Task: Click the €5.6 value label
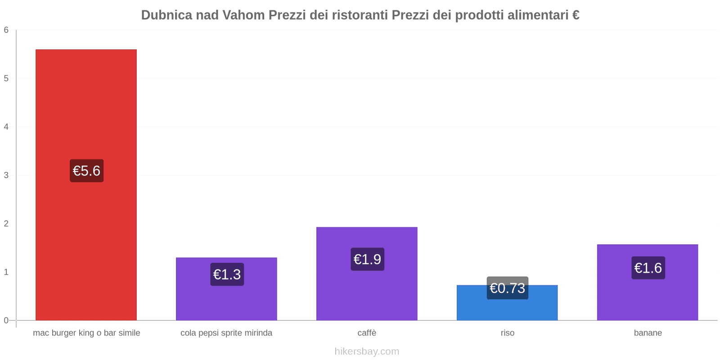coord(86,171)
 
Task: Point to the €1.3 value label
coord(227,274)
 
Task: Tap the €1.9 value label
coord(367,259)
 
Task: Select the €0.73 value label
coord(507,288)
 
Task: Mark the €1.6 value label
coord(648,268)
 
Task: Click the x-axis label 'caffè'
coord(367,333)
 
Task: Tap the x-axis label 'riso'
coord(507,333)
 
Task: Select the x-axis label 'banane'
coord(648,333)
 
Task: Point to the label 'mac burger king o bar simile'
coord(86,333)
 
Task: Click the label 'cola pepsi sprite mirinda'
coord(226,333)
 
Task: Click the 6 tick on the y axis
coord(6,30)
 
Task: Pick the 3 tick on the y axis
coord(6,175)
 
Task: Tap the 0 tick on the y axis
coord(6,320)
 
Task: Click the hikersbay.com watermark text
coord(367,351)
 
